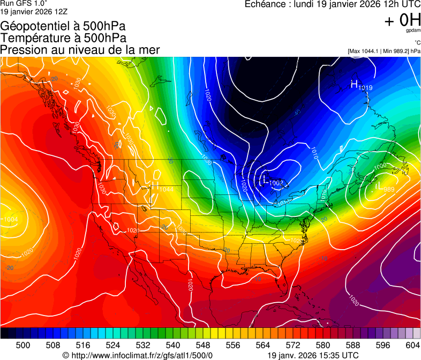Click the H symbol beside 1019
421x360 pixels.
[x=354, y=84]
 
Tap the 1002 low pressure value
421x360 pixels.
[x=276, y=183]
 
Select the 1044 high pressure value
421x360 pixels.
[x=166, y=189]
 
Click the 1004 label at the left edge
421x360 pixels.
[x=10, y=219]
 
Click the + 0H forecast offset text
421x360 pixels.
[x=402, y=20]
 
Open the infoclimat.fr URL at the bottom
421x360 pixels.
[x=141, y=355]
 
